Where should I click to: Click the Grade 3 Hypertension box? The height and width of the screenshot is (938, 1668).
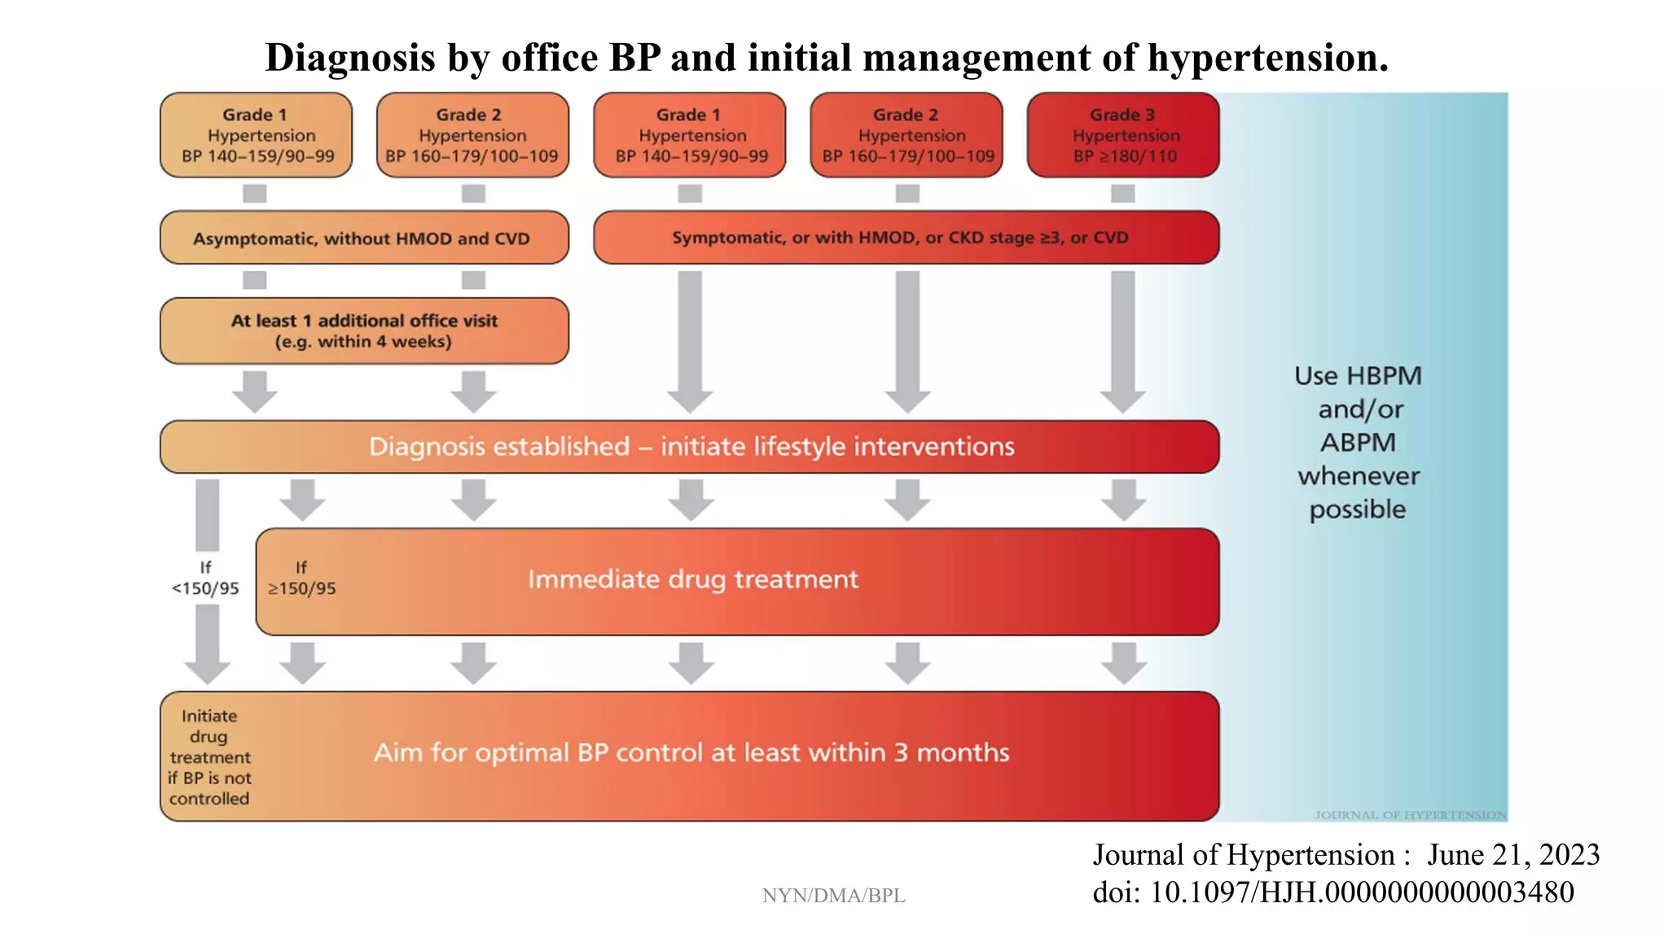(x=1123, y=135)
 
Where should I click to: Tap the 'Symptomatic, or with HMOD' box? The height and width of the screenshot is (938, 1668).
(x=906, y=238)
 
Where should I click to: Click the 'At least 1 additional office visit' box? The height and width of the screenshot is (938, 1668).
(x=364, y=331)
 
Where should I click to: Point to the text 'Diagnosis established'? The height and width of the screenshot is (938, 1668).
(x=498, y=447)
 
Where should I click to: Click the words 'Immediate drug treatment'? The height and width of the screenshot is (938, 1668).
(x=692, y=580)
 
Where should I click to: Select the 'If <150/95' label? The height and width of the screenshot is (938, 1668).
(x=205, y=578)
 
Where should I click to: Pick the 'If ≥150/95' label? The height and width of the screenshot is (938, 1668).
(x=301, y=578)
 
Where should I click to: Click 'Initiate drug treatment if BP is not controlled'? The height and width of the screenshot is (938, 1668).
(x=209, y=757)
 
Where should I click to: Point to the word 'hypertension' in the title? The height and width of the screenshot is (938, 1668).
(x=1267, y=58)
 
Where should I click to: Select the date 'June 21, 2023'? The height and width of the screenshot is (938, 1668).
(x=1513, y=855)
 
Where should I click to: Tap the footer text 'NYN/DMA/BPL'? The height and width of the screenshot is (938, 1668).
(x=833, y=896)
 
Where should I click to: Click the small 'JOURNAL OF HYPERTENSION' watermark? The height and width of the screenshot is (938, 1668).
(x=1409, y=815)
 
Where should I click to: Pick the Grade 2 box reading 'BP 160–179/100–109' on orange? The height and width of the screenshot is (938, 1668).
(x=472, y=135)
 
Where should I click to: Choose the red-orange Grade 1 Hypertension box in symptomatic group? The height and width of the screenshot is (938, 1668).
(x=690, y=135)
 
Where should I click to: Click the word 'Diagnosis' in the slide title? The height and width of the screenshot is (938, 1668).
(x=350, y=58)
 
